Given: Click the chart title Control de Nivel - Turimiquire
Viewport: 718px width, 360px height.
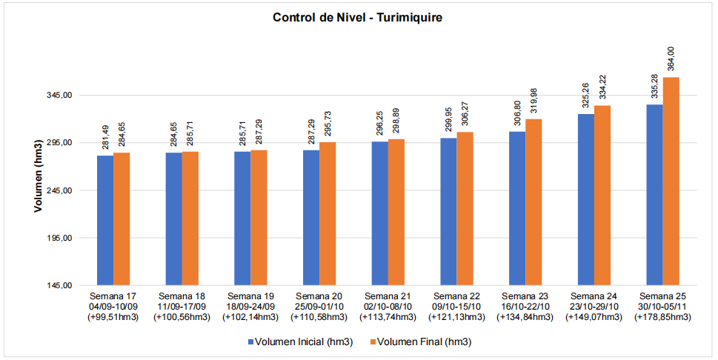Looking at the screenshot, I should tap(358, 17).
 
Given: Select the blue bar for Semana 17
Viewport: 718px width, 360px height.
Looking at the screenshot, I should tap(105, 220).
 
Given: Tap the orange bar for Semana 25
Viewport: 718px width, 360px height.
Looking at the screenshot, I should tap(671, 181).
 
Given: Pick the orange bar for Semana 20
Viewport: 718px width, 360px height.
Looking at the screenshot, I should tap(328, 213).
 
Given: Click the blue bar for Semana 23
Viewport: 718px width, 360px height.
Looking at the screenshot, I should tap(517, 208).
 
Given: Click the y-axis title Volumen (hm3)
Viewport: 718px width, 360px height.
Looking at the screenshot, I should tap(38, 176).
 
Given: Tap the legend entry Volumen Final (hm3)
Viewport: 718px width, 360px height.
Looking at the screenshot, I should tap(423, 341).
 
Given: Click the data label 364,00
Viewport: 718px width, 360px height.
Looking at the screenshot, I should tap(671, 59).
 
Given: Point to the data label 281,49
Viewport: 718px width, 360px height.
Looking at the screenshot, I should tap(105, 138).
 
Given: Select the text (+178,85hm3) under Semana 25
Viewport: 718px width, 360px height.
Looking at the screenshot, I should tap(663, 317).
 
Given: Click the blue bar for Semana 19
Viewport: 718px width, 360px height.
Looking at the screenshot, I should tap(242, 218).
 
